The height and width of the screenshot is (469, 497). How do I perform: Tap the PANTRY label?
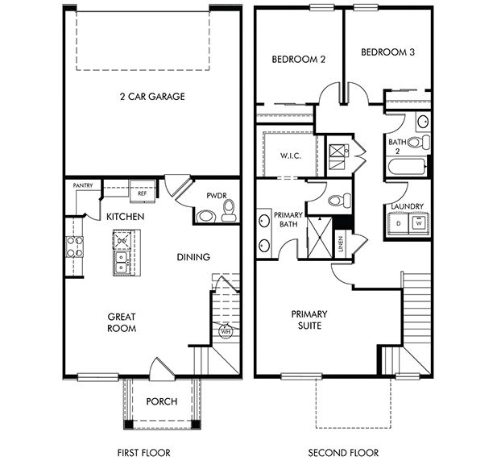(83, 186)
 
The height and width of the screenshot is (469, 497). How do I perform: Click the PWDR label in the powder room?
(213, 194)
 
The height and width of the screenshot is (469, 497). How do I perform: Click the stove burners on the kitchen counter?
(74, 247)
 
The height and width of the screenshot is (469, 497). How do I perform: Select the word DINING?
(193, 258)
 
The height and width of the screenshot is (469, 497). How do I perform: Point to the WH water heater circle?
(226, 330)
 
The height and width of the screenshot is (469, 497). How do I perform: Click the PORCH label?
(162, 402)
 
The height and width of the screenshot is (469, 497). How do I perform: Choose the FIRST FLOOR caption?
(143, 453)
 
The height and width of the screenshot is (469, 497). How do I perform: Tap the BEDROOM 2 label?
(298, 59)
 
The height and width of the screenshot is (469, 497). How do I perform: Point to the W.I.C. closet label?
(291, 156)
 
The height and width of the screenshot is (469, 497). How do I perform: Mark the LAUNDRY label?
(407, 206)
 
